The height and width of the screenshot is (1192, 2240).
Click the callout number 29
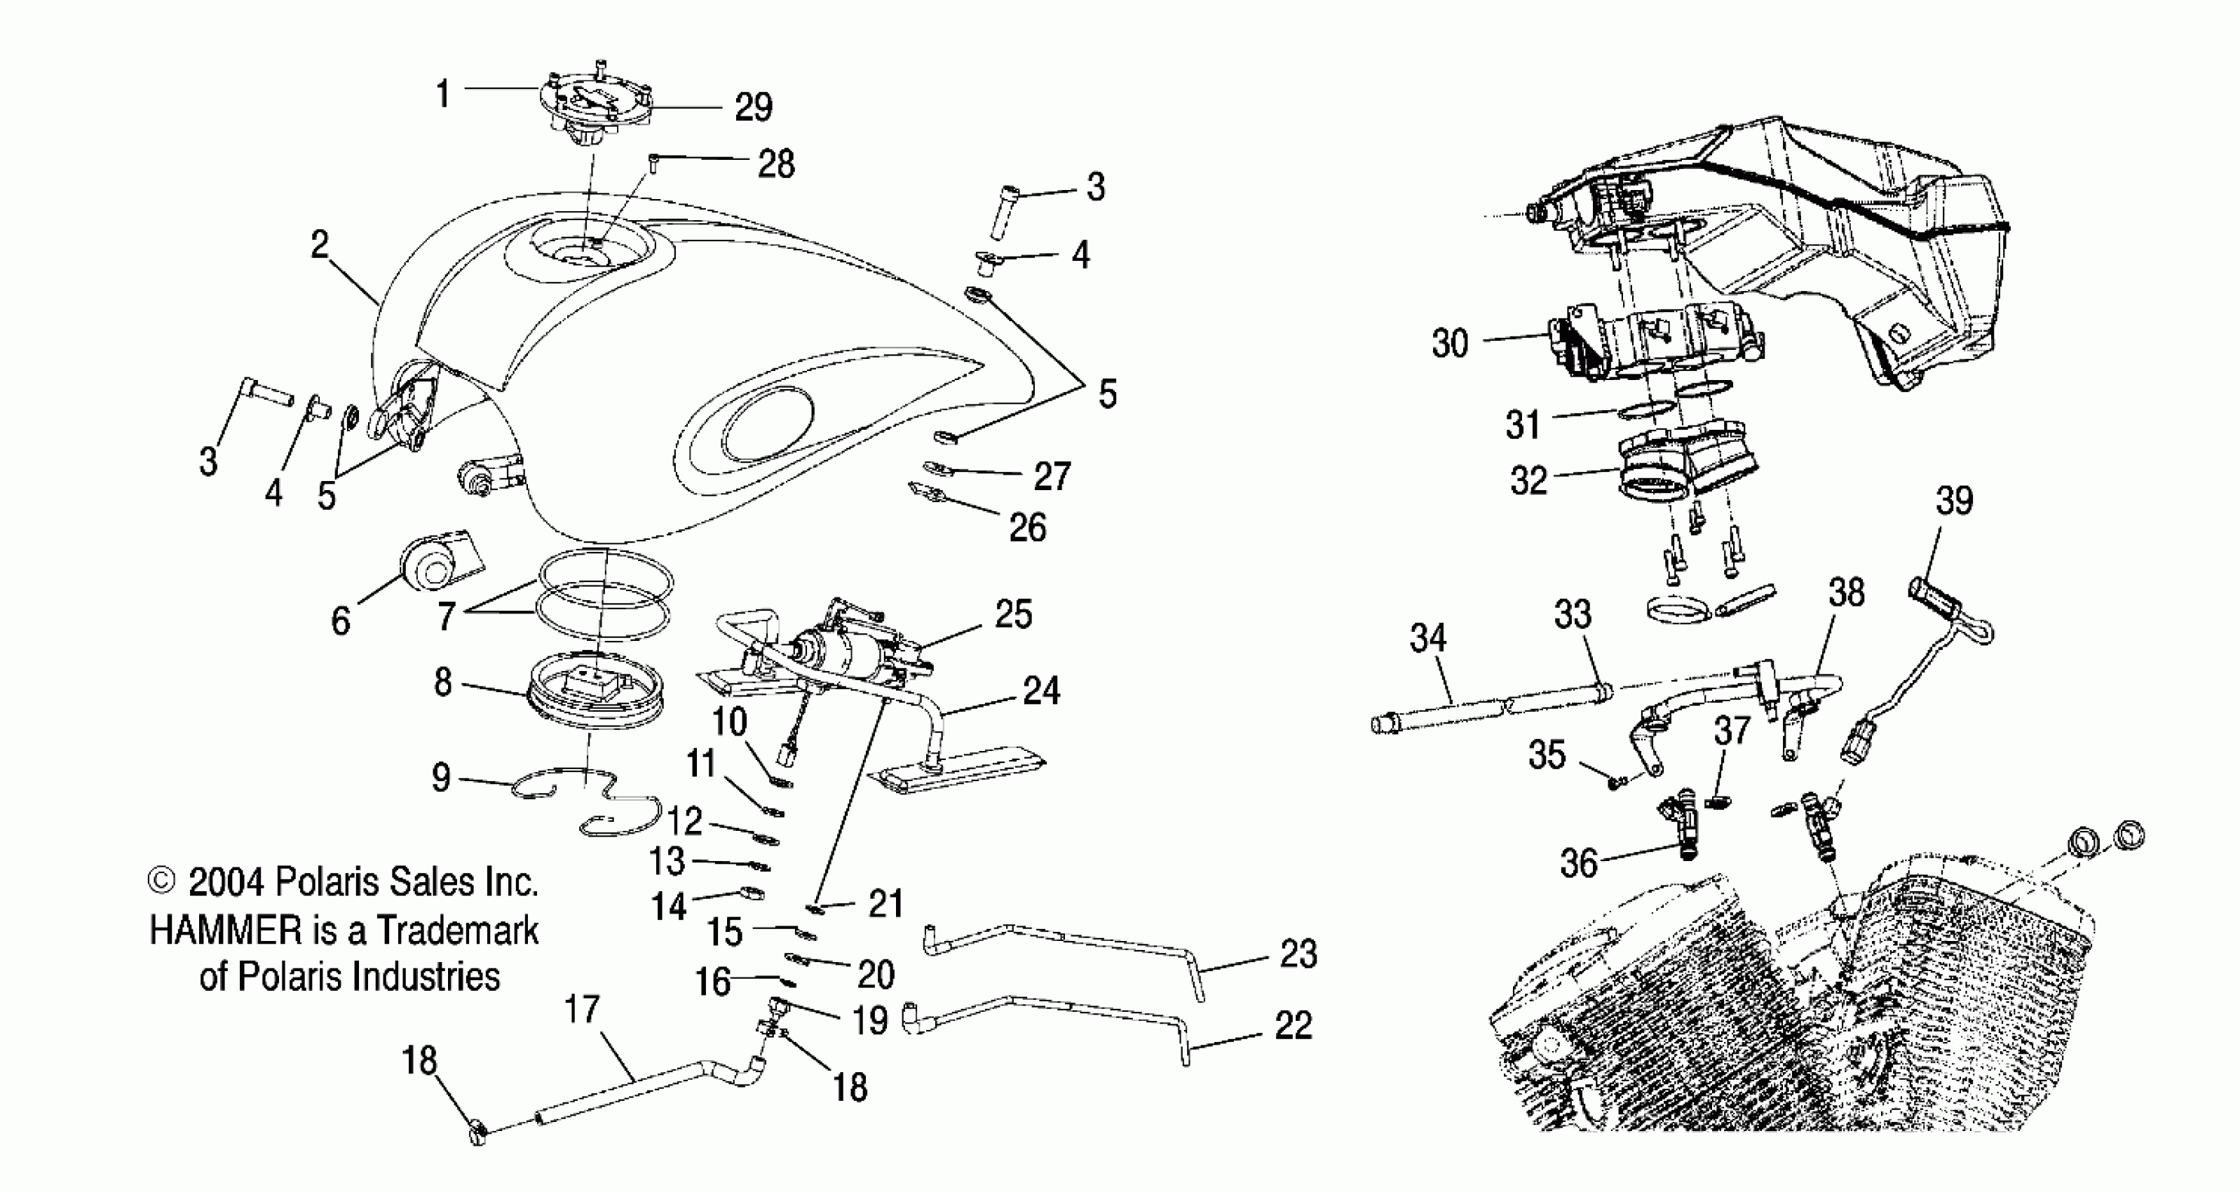[x=753, y=108]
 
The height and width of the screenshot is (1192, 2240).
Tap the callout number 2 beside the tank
[x=320, y=246]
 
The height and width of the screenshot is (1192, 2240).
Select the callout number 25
[x=1013, y=615]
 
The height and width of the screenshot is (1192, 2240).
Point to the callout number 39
[x=1954, y=501]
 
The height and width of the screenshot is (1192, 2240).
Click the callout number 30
[x=1450, y=344]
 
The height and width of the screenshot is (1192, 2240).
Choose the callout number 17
[x=582, y=1010]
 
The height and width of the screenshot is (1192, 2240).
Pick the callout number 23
[x=1298, y=954]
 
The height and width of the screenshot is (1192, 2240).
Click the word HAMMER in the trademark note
[x=225, y=931]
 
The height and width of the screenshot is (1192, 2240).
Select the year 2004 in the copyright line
[x=225, y=883]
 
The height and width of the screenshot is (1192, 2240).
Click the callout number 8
[x=442, y=684]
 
